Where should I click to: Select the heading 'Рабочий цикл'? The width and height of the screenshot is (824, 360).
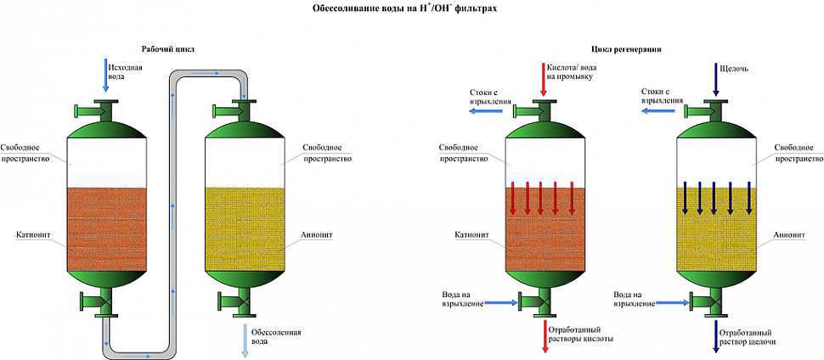(167, 49)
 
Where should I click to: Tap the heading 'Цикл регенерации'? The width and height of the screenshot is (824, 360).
(626, 49)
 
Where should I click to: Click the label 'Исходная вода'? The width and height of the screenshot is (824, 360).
(125, 72)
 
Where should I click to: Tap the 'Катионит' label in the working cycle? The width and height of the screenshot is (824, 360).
(29, 233)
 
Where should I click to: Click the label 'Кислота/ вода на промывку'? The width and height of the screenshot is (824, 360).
(572, 72)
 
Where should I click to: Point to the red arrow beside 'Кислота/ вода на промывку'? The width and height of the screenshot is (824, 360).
(542, 79)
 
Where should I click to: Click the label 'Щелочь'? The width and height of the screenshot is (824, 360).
(737, 68)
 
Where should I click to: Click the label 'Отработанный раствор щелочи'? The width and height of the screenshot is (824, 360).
(748, 337)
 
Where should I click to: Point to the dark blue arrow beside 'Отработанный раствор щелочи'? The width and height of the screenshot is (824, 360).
(715, 336)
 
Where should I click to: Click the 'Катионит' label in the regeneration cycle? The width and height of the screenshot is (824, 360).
(468, 233)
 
